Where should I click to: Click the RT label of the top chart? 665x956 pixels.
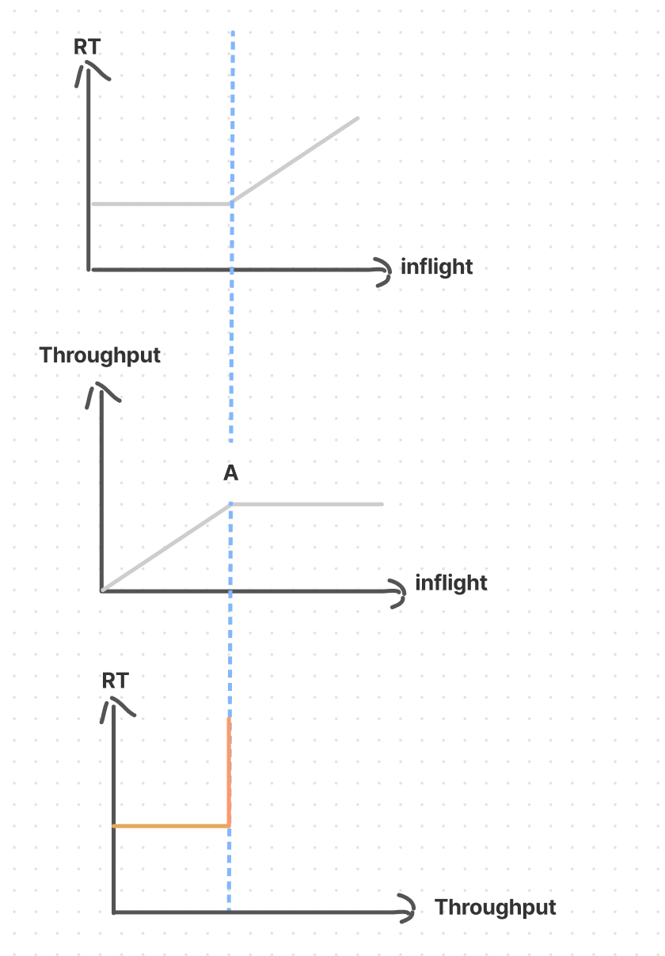(x=87, y=47)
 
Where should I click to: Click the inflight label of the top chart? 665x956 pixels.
(x=436, y=267)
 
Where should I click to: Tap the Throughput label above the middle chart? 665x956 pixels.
(x=100, y=355)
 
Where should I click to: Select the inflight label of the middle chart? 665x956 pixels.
(x=450, y=583)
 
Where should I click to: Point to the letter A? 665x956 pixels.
(x=230, y=473)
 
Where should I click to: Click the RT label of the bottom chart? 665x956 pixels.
(x=116, y=681)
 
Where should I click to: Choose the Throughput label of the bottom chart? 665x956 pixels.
(x=495, y=907)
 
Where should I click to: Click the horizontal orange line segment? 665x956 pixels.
(x=170, y=826)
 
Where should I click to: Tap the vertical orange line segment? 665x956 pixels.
(x=229, y=772)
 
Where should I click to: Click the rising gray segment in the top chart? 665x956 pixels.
(x=294, y=161)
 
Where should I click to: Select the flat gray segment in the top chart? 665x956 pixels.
(x=161, y=203)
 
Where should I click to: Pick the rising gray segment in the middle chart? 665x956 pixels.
(x=166, y=547)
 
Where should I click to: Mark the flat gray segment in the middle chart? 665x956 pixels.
(x=306, y=504)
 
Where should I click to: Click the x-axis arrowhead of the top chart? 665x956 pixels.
(x=383, y=271)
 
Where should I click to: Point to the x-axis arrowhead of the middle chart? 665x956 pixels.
(x=397, y=591)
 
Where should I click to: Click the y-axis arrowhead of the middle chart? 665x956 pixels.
(x=101, y=392)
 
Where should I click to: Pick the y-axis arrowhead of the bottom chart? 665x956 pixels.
(x=116, y=704)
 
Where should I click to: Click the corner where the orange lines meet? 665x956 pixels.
(x=229, y=825)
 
